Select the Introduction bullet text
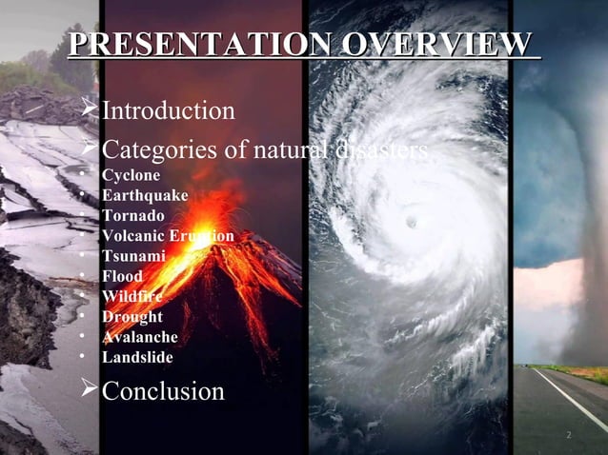click(168, 110)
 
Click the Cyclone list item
click(131, 175)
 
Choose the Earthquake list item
click(145, 195)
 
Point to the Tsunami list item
click(133, 256)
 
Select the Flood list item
click(122, 276)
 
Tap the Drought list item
click(132, 316)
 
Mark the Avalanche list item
click(139, 337)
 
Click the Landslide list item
click(137, 357)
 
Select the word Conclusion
click(163, 390)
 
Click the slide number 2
click(568, 435)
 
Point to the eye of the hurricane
click(412, 222)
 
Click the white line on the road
click(572, 400)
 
